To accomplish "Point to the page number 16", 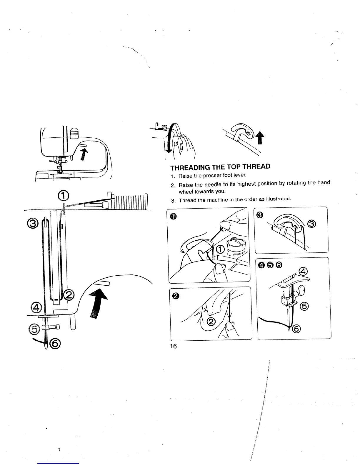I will click(x=174, y=346).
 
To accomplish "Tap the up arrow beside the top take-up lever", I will click(x=260, y=138).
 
